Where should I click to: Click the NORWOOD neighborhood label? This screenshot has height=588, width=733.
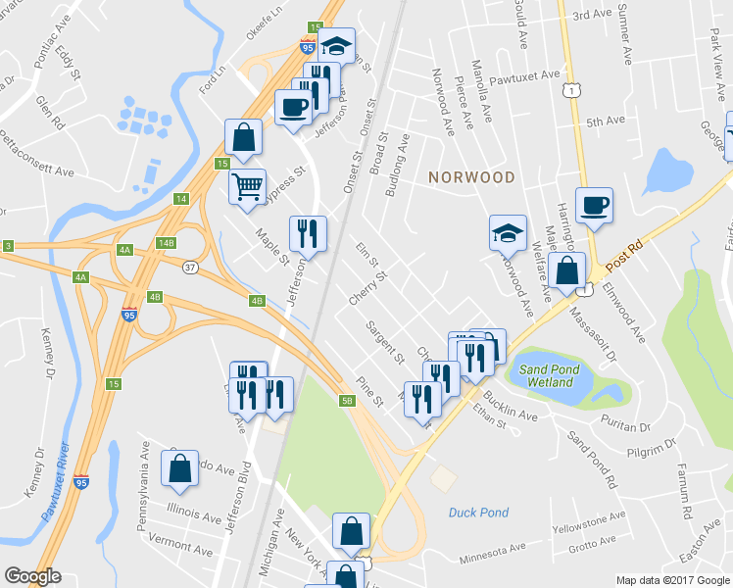pos(471,177)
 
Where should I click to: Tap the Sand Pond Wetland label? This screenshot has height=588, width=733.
pos(550,375)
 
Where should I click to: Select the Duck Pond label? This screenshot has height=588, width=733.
pos(479,512)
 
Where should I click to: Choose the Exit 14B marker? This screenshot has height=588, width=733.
pos(165,242)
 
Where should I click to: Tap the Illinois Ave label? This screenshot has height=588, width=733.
pos(194,512)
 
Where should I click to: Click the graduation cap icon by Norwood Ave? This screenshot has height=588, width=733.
pos(508,232)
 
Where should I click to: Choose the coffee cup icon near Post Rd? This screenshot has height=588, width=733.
pos(594,204)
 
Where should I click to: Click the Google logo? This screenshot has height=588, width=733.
pos(32,576)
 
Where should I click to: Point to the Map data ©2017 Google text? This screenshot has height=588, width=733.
pos(672,580)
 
